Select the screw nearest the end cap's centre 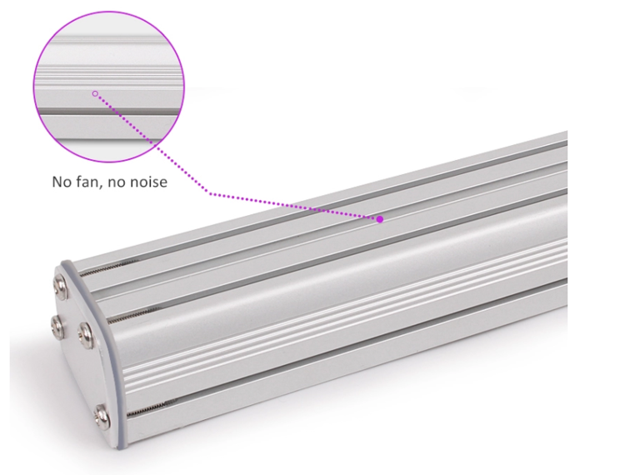click(85, 337)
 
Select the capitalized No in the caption click(62, 182)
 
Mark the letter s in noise click(155, 182)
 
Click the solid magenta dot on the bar click(380, 219)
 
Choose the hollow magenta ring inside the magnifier click(95, 93)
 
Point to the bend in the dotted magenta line click(209, 194)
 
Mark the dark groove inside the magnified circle click(108, 108)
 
